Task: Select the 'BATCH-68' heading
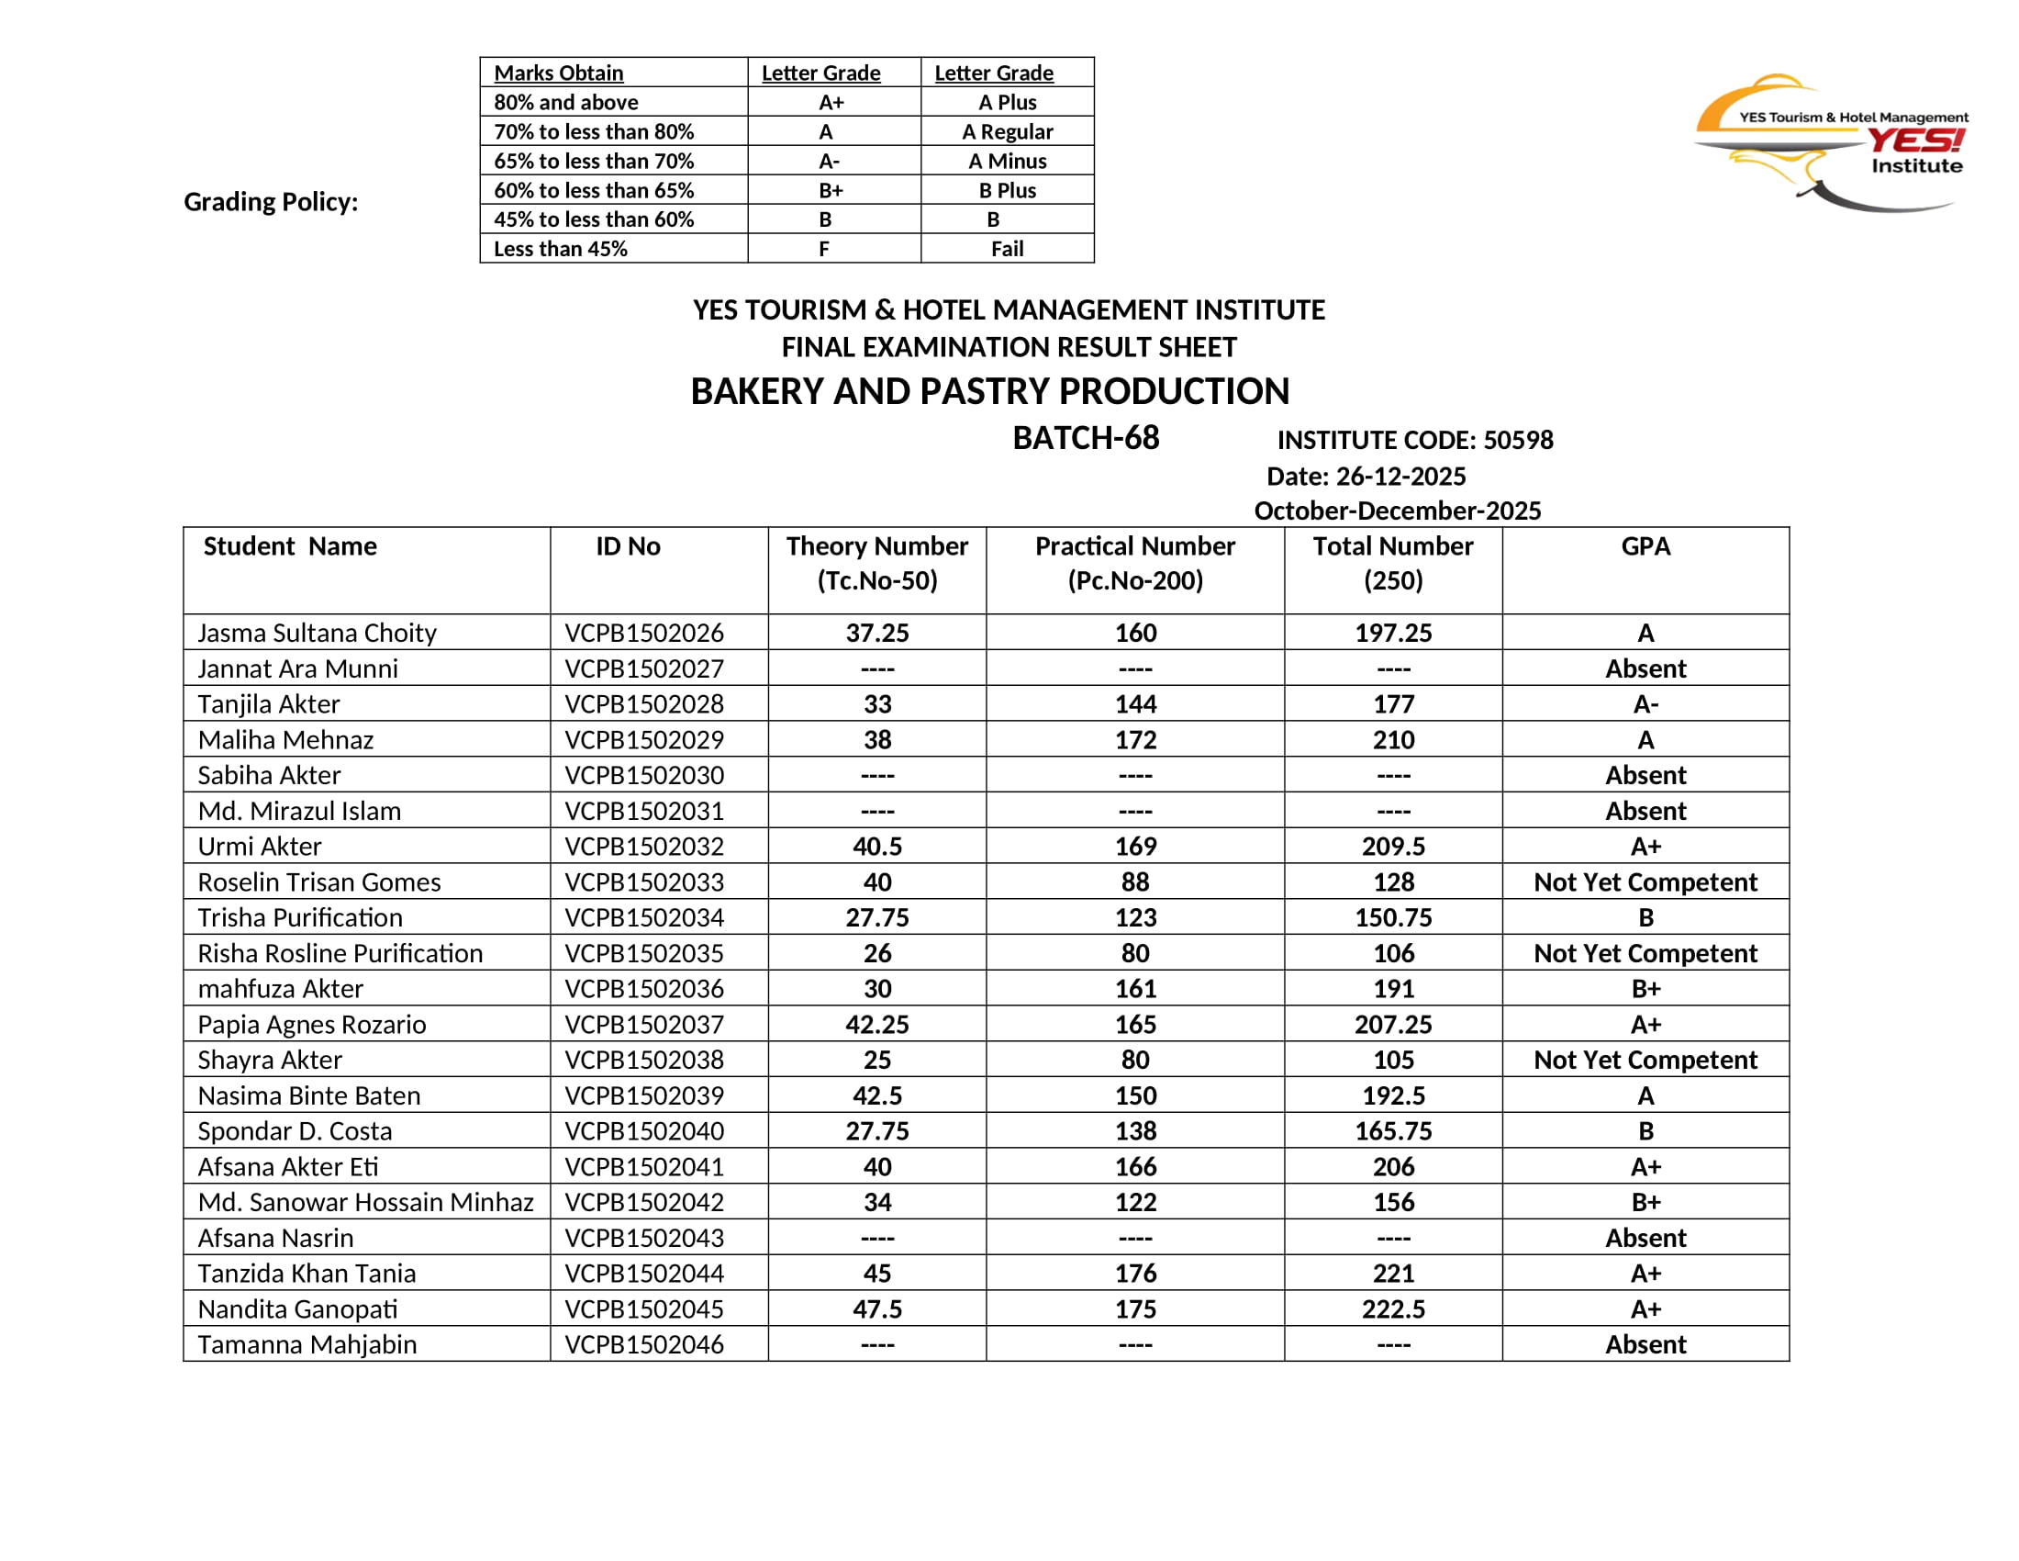(1086, 438)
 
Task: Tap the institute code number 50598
(1518, 440)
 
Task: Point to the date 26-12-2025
(1400, 477)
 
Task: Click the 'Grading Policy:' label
(271, 202)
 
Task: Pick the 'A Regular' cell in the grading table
(1007, 131)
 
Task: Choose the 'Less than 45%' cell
(560, 249)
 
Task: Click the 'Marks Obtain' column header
(558, 73)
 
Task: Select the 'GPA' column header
(1645, 546)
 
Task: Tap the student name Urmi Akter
(260, 847)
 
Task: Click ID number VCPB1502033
(644, 882)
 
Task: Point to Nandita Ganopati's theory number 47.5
(876, 1309)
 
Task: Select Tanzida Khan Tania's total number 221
(1393, 1274)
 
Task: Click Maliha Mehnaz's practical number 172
(1135, 740)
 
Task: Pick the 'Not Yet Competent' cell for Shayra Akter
(1645, 1060)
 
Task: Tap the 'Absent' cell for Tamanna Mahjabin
(1645, 1344)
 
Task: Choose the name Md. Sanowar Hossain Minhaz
(365, 1202)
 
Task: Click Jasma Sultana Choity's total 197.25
(1393, 633)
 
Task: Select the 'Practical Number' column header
(1135, 562)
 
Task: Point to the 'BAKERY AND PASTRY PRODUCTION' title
(990, 391)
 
